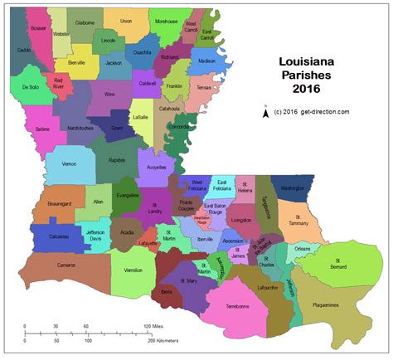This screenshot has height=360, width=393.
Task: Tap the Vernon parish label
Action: [x=69, y=164]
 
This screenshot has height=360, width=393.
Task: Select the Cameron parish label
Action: [x=68, y=265]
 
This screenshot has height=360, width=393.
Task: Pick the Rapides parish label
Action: [x=116, y=161]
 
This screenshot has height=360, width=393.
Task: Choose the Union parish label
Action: [x=126, y=21]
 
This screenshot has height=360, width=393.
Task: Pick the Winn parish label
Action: [x=109, y=95]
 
